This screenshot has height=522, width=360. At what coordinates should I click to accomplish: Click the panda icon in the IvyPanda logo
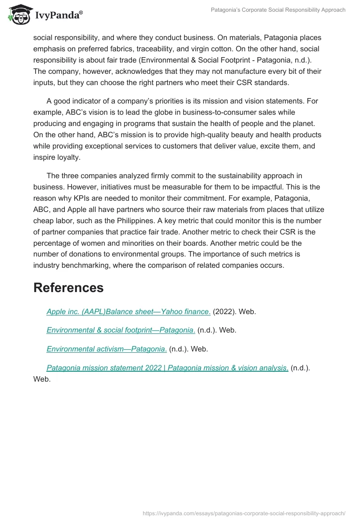coord(18,15)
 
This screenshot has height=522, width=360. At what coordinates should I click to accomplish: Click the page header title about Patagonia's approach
coord(278,9)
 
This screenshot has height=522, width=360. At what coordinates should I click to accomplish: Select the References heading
coord(68,288)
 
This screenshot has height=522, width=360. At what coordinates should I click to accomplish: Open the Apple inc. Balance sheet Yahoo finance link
coord(128,311)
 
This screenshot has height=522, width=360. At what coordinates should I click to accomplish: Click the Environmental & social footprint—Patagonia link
coord(121,330)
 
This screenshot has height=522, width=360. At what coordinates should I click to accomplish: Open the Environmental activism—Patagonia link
coord(107,349)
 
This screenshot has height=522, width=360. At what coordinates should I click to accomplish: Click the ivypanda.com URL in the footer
coord(244,513)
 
